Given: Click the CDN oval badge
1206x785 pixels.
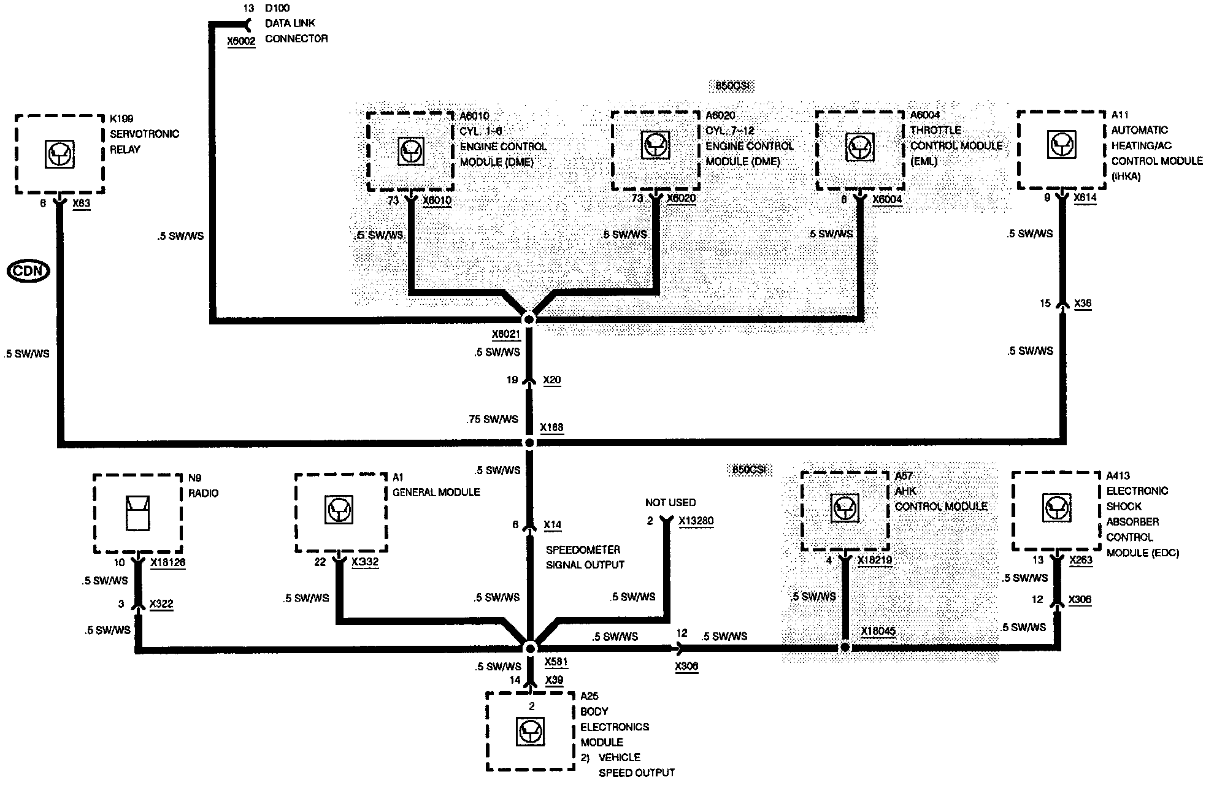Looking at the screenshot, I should pyautogui.click(x=28, y=271).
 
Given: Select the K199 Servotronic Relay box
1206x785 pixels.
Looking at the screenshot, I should pyautogui.click(x=60, y=154).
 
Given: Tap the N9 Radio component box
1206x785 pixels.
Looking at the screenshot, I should pyautogui.click(x=137, y=513).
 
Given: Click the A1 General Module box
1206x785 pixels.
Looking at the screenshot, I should pyautogui.click(x=340, y=513).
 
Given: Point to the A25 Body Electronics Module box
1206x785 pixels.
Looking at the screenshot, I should pyautogui.click(x=531, y=731).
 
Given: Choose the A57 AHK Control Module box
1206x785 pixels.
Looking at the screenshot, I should pyautogui.click(x=845, y=510).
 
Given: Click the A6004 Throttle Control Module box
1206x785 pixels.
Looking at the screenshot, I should pyautogui.click(x=859, y=150).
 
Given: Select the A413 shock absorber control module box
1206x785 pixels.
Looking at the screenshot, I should pyautogui.click(x=1056, y=510).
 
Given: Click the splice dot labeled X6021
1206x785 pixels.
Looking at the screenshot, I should pyautogui.click(x=529, y=320).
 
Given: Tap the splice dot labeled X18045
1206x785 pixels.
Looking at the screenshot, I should pyautogui.click(x=845, y=648).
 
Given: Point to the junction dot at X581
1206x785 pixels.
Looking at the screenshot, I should pyautogui.click(x=531, y=648).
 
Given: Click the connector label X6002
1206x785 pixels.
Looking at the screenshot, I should pyautogui.click(x=241, y=41).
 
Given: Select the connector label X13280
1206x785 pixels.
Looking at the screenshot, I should pyautogui.click(x=696, y=521).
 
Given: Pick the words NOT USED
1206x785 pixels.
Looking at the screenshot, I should pyautogui.click(x=670, y=502).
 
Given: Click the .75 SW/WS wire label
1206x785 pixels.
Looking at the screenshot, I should pyautogui.click(x=492, y=419).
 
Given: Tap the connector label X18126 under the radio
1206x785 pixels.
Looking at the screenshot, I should pyautogui.click(x=167, y=562).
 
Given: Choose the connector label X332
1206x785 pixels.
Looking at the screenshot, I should pyautogui.click(x=365, y=562).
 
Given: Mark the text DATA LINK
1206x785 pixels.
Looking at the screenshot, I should pyautogui.click(x=290, y=23).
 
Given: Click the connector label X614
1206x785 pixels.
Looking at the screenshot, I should pyautogui.click(x=1085, y=198).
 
